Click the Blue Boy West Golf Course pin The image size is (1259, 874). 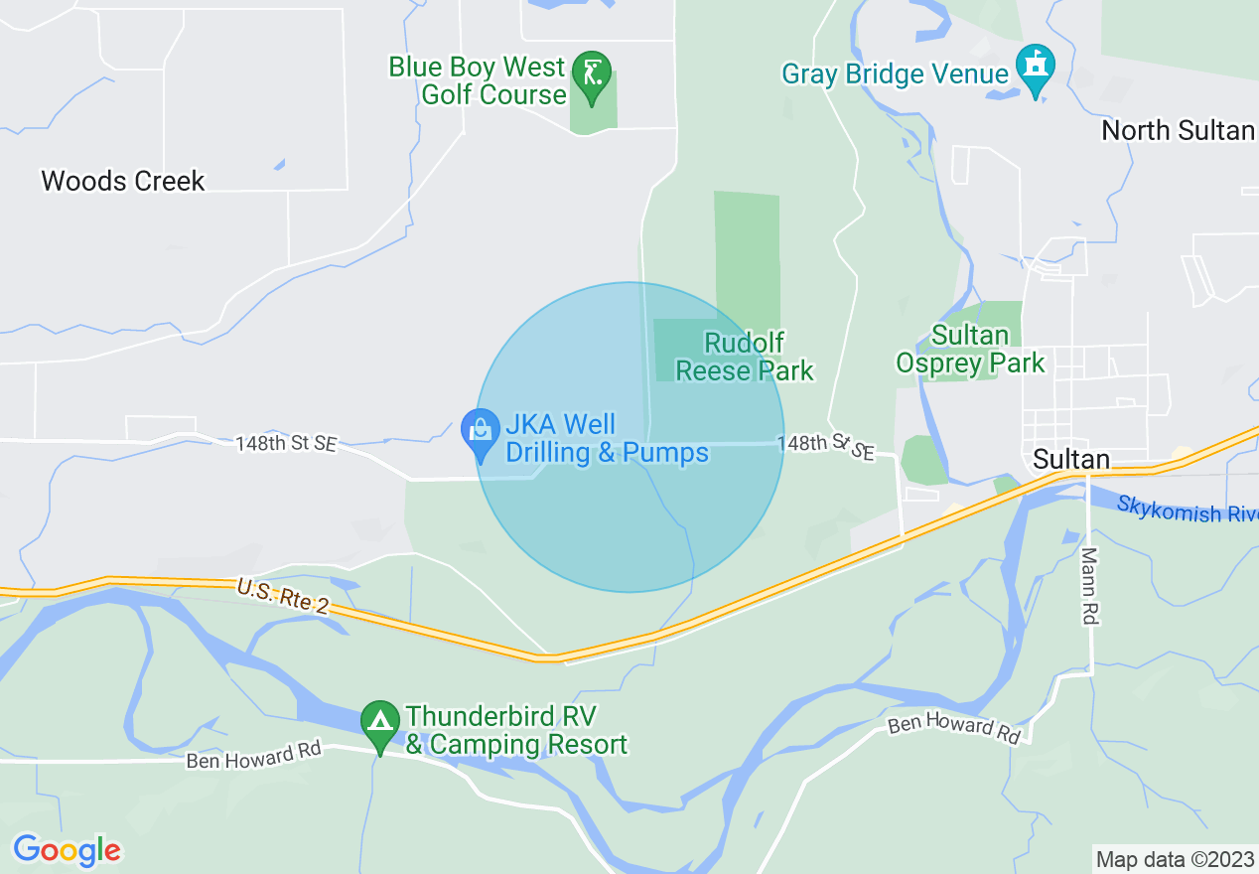click(593, 75)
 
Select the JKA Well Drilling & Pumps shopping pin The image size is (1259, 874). click(482, 433)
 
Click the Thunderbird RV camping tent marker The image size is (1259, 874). click(379, 726)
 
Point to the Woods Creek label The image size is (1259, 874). click(123, 181)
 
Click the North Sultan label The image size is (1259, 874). click(1178, 130)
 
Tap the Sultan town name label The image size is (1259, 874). click(1070, 459)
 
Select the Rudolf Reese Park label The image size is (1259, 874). click(744, 358)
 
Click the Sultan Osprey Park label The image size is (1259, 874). click(970, 350)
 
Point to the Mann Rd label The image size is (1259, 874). click(1090, 586)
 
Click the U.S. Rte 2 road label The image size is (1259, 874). click(282, 598)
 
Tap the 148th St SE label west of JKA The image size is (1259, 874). click(286, 443)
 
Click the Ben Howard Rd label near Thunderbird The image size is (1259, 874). click(254, 755)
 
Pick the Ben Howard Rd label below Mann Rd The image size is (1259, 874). click(954, 727)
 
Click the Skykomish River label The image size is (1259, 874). click(1187, 510)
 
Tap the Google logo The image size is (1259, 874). click(67, 850)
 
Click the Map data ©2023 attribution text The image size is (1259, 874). click(1174, 859)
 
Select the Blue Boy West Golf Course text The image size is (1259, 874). click(477, 80)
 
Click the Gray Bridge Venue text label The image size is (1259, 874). click(896, 73)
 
